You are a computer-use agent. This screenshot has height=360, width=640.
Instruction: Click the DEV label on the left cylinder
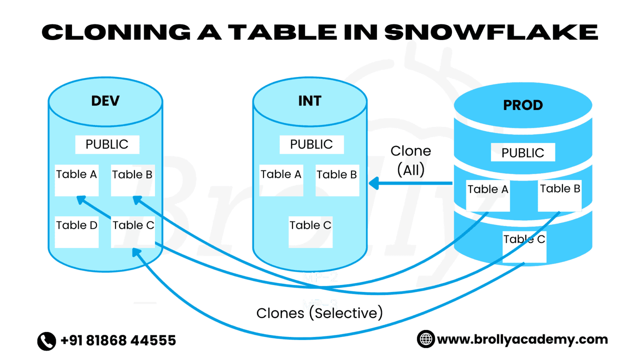[105, 101]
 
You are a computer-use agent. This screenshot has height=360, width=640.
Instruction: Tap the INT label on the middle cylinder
[310, 101]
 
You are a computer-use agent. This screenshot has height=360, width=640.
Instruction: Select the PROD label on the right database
[523, 105]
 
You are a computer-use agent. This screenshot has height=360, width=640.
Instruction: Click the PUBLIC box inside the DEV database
[107, 144]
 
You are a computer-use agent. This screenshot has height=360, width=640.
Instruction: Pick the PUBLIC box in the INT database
[311, 144]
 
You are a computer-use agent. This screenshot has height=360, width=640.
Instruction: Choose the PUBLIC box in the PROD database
[522, 152]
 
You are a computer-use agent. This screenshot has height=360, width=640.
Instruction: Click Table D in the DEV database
[77, 231]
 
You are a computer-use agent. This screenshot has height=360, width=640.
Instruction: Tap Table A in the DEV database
[77, 180]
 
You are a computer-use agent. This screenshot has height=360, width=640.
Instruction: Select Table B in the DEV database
[132, 180]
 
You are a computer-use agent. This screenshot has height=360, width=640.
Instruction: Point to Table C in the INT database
[310, 231]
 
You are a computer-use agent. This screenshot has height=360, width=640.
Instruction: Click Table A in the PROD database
[487, 195]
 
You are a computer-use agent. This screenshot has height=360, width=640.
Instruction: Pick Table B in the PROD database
[560, 195]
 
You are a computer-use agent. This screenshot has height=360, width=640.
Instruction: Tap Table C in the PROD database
[524, 246]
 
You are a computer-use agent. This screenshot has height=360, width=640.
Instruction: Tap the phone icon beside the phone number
[47, 341]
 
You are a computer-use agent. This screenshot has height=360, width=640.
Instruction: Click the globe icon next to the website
[426, 339]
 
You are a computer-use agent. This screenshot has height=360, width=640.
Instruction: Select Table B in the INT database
[337, 180]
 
